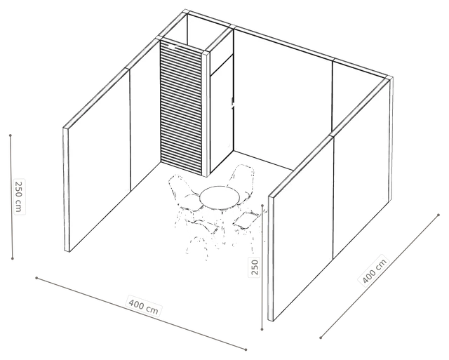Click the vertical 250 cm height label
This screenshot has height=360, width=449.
[19, 196]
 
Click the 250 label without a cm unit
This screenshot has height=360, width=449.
[255, 267]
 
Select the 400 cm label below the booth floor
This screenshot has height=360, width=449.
[143, 307]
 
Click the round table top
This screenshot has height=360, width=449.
[220, 197]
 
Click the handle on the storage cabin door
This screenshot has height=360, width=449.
[232, 102]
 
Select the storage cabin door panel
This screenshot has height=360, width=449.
[222, 114]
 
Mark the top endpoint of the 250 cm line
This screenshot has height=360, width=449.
[11, 135]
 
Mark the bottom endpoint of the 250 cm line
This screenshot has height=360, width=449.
[13, 259]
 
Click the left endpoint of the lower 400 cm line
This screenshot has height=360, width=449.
[36, 278]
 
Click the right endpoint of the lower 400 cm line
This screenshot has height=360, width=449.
[246, 349]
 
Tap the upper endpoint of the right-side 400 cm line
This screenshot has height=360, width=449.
[438, 215]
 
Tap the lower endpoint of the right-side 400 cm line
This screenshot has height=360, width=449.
[321, 338]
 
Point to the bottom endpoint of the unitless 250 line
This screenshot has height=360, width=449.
[262, 330]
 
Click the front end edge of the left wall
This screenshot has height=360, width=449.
[67, 189]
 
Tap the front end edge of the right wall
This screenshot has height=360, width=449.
[271, 258]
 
